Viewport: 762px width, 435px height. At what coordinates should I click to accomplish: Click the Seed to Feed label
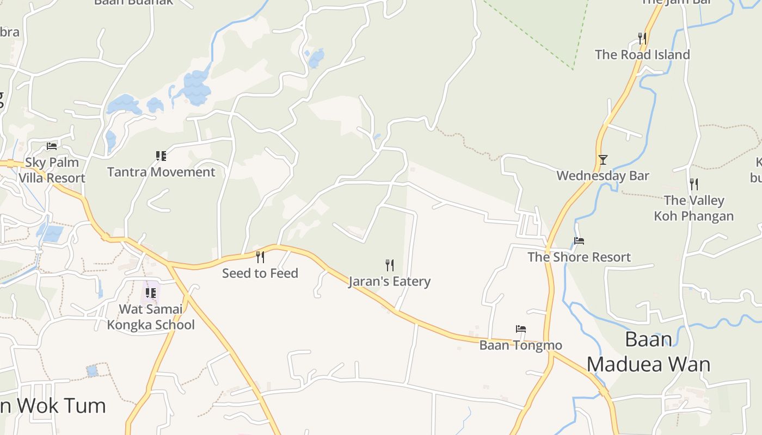coord(260,273)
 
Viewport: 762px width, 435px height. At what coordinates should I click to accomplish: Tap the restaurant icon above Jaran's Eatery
coord(390,265)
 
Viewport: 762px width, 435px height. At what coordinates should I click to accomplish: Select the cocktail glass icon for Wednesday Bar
coord(603,159)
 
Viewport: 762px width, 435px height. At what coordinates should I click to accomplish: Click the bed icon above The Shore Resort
coord(579,241)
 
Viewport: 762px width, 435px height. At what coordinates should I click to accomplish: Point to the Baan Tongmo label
coord(520,345)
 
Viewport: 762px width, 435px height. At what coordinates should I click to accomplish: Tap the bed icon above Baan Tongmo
coord(521,329)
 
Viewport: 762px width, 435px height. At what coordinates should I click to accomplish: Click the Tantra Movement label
coord(161,172)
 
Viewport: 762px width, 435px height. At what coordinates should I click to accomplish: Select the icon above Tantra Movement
coord(161,156)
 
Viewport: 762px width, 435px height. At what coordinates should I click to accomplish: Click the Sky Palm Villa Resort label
coord(52,170)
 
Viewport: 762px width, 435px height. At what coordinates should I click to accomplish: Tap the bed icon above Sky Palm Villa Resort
coord(52,146)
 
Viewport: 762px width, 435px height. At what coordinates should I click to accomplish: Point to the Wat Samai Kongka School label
coord(151,317)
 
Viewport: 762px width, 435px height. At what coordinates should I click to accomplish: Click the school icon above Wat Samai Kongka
coord(151,293)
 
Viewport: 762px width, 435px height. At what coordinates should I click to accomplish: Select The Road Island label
coord(642,54)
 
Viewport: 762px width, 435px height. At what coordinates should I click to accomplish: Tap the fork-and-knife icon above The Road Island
coord(642,38)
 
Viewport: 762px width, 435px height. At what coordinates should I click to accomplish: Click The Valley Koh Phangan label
coord(693,208)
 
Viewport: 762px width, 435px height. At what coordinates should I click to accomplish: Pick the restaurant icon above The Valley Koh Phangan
coord(693,184)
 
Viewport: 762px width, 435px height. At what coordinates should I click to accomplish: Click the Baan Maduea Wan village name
coord(648,352)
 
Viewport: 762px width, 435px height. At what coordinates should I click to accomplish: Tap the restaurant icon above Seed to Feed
coord(260,257)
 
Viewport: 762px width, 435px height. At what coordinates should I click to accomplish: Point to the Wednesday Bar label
coord(603,176)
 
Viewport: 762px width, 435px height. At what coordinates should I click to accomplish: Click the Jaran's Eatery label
coord(390,282)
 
